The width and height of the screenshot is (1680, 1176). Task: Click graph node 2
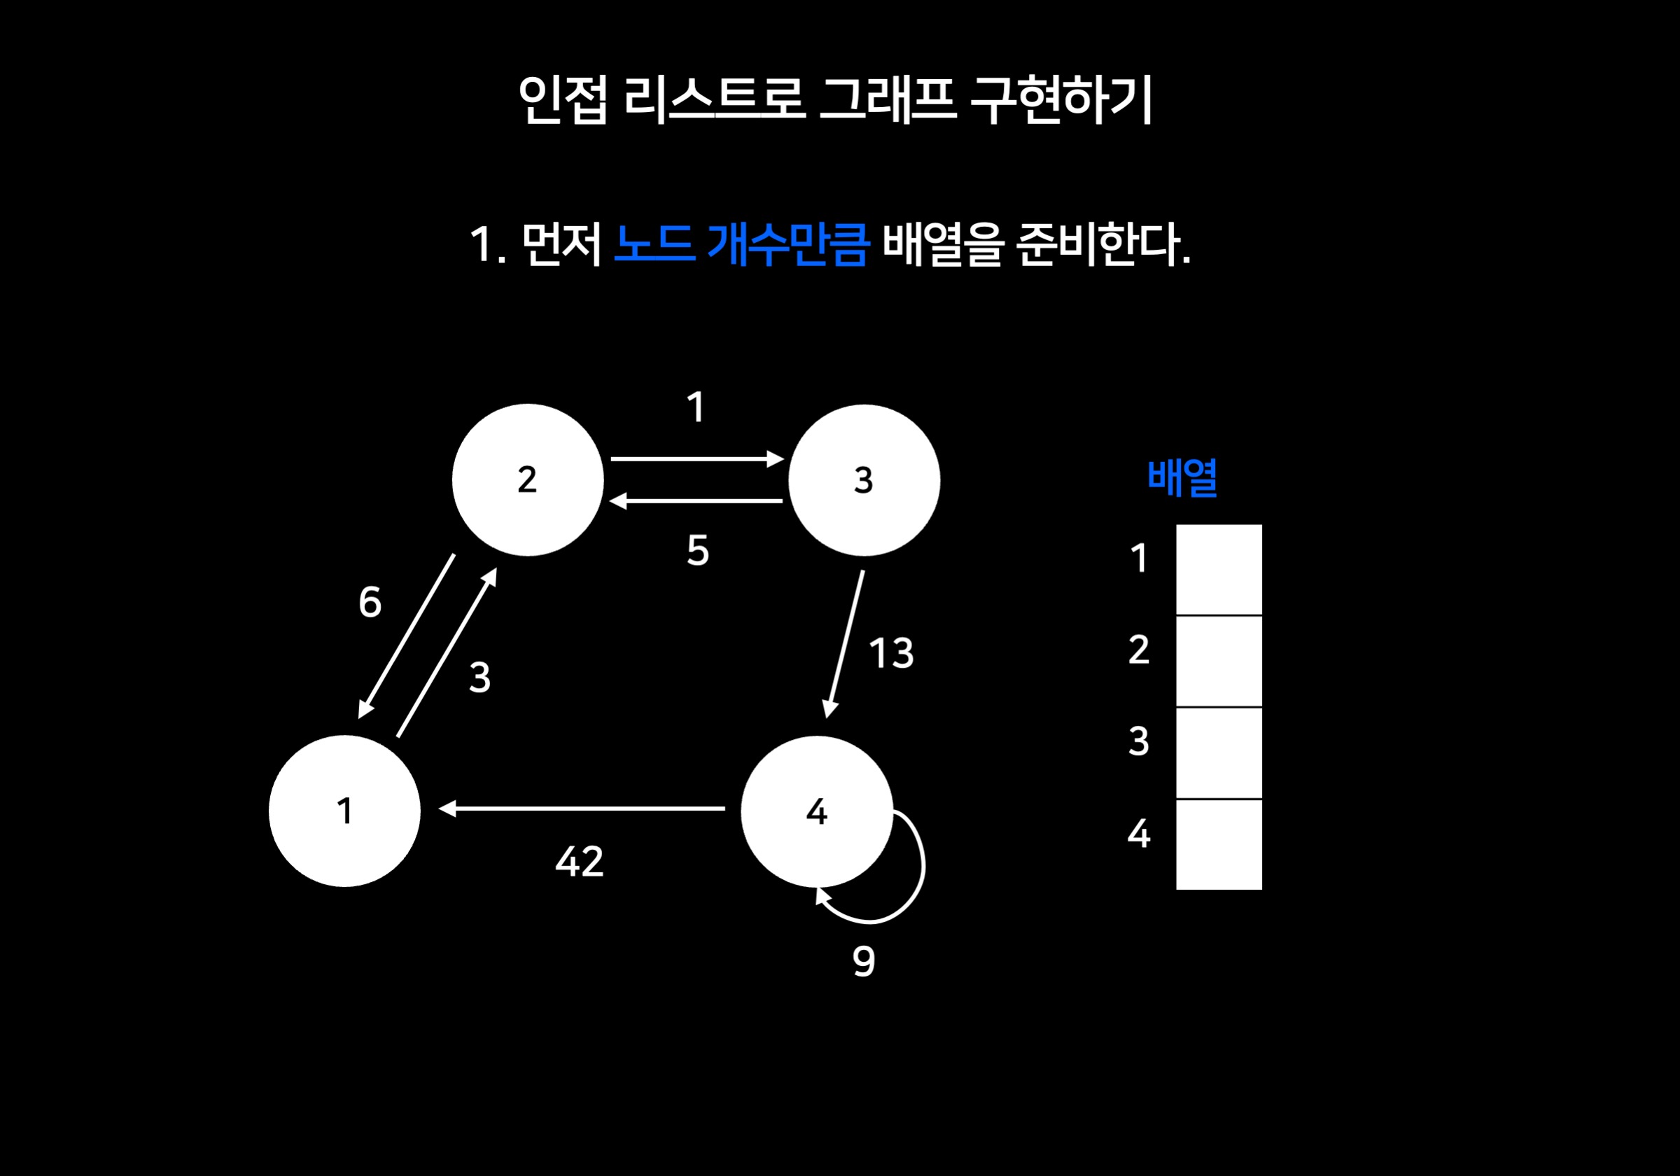tap(528, 480)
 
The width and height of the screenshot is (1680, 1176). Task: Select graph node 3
tap(863, 480)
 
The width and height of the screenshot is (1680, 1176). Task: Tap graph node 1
tap(344, 811)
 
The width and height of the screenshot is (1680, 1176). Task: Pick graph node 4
tap(817, 811)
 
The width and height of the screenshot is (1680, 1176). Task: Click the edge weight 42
tap(580, 861)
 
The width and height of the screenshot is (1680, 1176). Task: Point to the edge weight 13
tap(891, 653)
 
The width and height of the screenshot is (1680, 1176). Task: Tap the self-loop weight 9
tap(863, 961)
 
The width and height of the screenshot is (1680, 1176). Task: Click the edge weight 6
tap(370, 602)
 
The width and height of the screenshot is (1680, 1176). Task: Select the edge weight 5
tap(697, 550)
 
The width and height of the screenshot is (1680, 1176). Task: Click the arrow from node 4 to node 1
tap(582, 808)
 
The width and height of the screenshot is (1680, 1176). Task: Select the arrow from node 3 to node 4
tap(845, 644)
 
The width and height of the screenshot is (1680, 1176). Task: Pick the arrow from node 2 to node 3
tap(696, 458)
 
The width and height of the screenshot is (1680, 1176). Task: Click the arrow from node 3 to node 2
tap(696, 501)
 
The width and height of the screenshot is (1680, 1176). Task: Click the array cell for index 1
tap(1219, 569)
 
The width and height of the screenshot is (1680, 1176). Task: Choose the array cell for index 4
tap(1219, 844)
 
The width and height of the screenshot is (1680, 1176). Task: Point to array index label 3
tap(1138, 741)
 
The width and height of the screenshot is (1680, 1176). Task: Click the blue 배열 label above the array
tap(1182, 477)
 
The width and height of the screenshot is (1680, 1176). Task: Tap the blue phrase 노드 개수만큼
tap(741, 244)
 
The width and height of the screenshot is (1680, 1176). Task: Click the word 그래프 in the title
tap(887, 99)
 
